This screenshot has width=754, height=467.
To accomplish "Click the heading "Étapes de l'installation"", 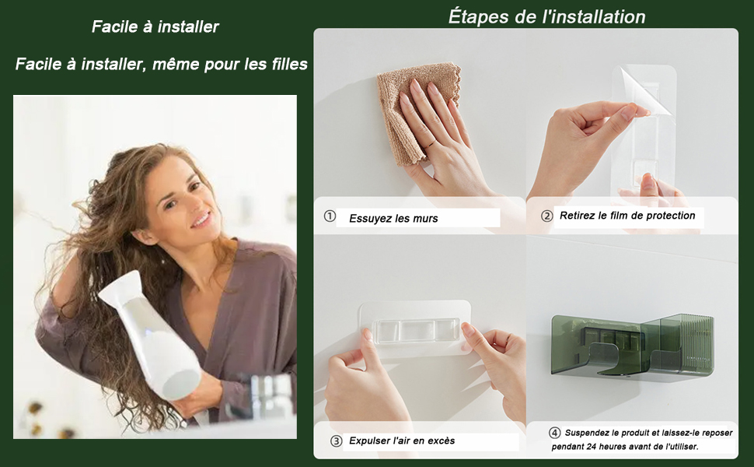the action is click(546, 17).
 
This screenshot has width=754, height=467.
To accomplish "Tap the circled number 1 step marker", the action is click(330, 216).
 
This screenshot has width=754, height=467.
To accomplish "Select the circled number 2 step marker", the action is click(546, 216).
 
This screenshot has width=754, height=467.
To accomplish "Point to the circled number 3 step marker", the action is click(336, 441).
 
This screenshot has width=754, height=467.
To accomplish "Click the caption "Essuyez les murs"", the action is click(393, 219).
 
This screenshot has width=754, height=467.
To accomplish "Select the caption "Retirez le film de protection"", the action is click(627, 216).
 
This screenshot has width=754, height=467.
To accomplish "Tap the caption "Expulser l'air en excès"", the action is click(402, 441).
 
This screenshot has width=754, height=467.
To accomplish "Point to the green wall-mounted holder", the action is click(632, 345).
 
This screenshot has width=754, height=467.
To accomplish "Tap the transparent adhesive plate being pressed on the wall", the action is click(415, 328).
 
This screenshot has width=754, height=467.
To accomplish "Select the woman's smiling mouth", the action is click(202, 220).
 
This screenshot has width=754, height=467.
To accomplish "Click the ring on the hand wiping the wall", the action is click(432, 143).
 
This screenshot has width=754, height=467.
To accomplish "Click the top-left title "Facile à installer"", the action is click(155, 26).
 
